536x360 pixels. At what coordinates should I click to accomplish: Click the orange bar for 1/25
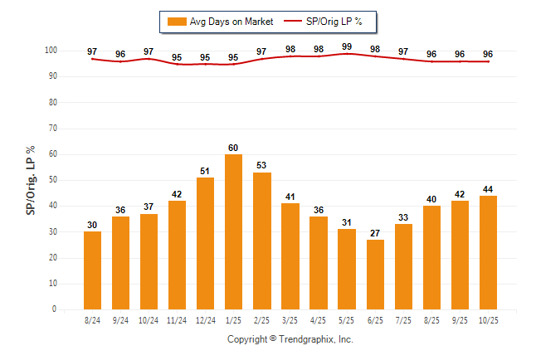pos(234,232)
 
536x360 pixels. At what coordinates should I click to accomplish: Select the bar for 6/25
pos(375,275)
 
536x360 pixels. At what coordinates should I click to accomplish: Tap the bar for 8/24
pos(93,270)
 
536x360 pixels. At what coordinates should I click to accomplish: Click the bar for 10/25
pos(488,252)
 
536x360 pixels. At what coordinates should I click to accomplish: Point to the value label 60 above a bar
pos(234,148)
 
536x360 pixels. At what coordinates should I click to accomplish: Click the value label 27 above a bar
pos(375,233)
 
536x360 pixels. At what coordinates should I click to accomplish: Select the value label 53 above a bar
pos(262,166)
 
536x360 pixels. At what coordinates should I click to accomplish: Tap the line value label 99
pos(347,46)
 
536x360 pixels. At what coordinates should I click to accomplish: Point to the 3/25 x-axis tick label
pos(290,319)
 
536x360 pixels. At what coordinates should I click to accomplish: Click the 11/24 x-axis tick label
pos(178,319)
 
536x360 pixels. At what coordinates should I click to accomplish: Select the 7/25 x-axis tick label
pos(403,319)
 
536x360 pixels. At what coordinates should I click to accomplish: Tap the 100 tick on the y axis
pos(51,51)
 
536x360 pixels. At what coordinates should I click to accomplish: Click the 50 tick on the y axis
pos(53,180)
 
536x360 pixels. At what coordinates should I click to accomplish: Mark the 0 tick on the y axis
pos(55,309)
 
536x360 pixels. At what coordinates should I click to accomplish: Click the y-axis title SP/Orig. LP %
pos(31,180)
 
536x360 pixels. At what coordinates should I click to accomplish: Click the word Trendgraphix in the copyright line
pos(307,339)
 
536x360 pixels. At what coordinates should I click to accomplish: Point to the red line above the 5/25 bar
pos(347,54)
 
